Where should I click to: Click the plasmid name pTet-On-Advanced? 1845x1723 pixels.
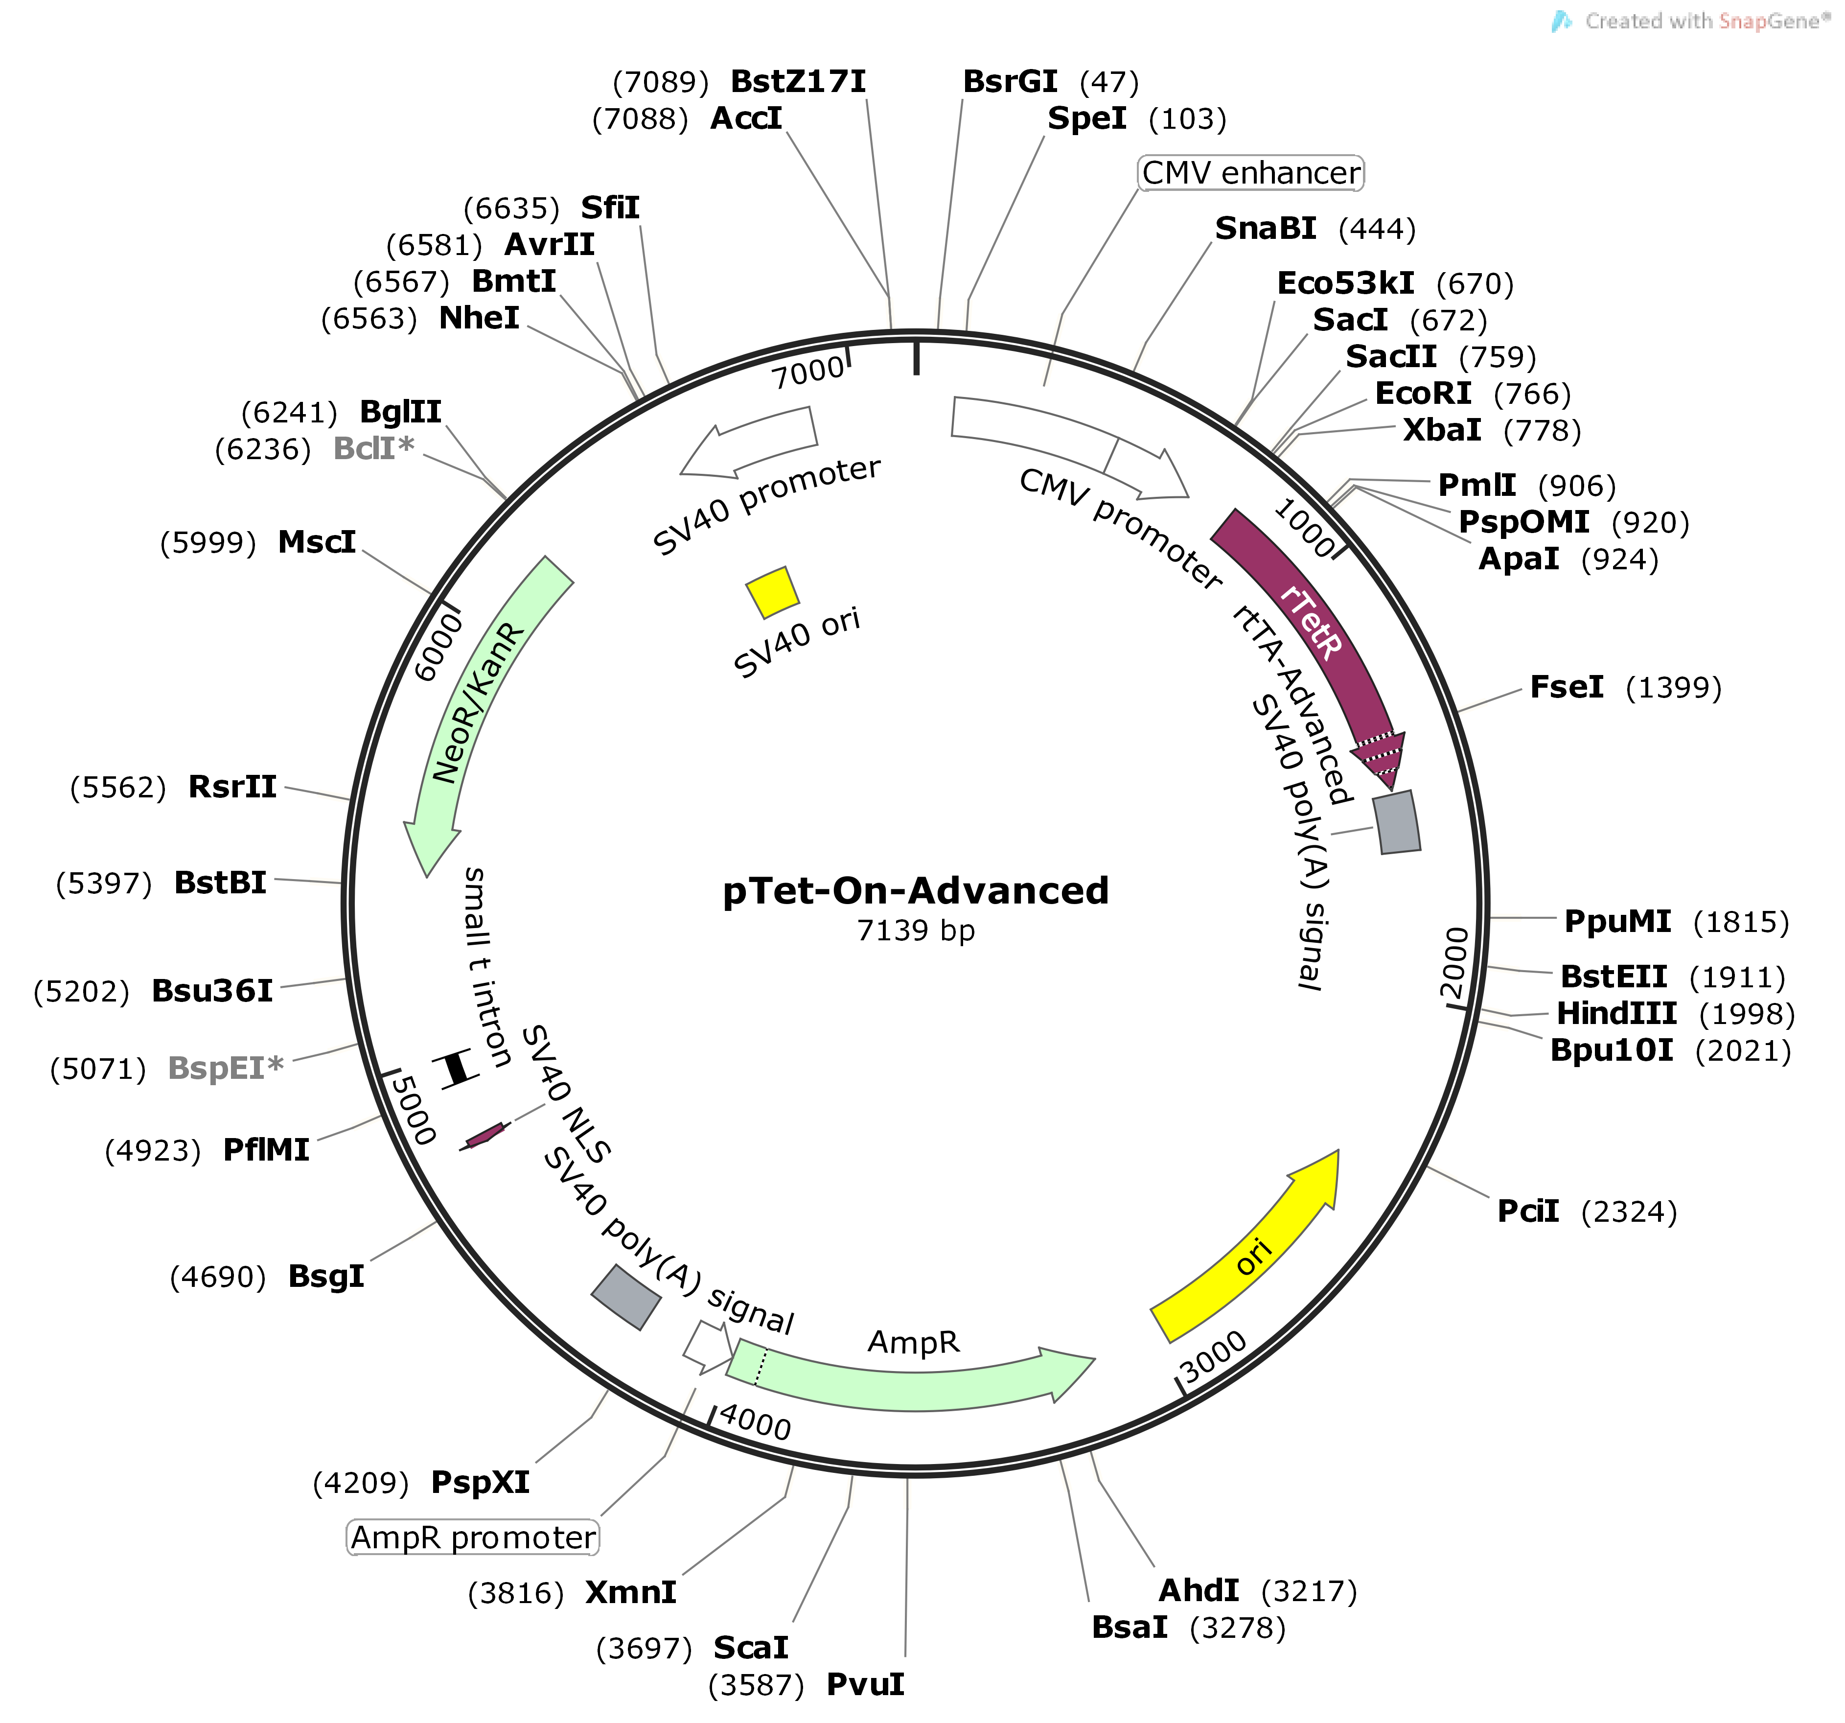point(915,891)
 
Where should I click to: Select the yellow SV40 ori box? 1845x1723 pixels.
point(772,592)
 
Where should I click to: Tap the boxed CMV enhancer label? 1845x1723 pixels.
point(1251,173)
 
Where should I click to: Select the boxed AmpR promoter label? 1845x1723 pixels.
point(473,1537)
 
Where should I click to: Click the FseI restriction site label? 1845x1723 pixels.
point(1567,687)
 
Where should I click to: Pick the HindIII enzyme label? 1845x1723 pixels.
point(1616,1013)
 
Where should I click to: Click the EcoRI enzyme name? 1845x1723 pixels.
point(1423,394)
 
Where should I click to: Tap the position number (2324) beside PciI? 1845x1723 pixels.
point(1630,1211)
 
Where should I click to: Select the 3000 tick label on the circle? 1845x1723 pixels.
point(1214,1357)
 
